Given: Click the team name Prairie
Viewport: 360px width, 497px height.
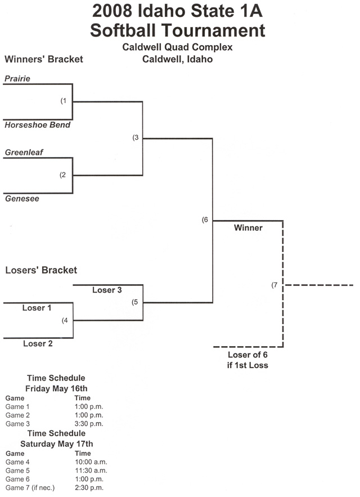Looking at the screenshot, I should click(x=17, y=79).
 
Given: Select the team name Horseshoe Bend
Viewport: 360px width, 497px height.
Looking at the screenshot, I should click(x=38, y=125).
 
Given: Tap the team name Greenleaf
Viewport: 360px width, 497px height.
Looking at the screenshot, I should click(x=24, y=153).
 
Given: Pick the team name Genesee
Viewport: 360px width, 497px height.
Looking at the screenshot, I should click(x=22, y=199).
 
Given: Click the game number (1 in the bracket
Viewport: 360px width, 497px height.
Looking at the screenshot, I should click(x=64, y=101).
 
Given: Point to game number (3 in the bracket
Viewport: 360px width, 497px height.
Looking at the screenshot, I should click(x=135, y=137).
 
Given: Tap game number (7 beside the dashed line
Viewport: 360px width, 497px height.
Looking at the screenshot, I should click(x=275, y=285).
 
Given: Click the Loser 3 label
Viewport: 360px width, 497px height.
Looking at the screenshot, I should click(x=107, y=290).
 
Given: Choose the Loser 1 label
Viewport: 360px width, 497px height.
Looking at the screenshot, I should click(x=37, y=308).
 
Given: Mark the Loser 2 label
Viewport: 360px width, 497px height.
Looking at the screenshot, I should click(x=38, y=343).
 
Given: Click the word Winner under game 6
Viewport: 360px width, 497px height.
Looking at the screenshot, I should click(x=248, y=228).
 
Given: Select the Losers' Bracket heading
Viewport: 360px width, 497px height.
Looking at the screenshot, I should click(x=41, y=270).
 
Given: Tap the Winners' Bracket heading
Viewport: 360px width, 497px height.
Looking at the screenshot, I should click(x=44, y=59).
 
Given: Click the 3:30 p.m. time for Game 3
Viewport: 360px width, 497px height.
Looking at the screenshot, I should click(x=89, y=423).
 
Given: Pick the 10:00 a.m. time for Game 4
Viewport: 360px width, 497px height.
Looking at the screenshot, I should click(x=90, y=462).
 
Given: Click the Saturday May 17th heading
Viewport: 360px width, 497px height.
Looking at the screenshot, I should click(x=56, y=444).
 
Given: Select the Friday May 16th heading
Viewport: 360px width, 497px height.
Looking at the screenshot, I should click(x=56, y=388).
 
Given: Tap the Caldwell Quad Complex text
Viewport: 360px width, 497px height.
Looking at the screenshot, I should click(x=177, y=47).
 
